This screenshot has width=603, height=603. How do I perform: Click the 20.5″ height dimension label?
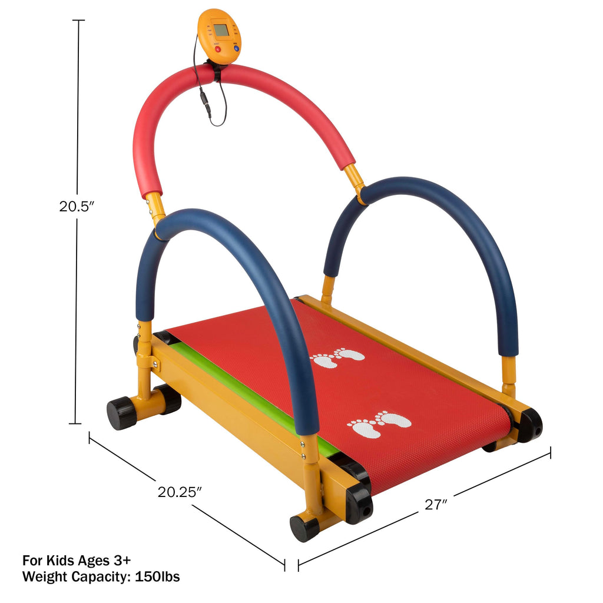(77, 207)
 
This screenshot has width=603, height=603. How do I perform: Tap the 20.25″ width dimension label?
(180, 492)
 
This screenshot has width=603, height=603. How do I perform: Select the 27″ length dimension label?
(436, 504)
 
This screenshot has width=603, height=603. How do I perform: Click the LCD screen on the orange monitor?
(221, 29)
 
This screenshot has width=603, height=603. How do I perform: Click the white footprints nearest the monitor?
(337, 357)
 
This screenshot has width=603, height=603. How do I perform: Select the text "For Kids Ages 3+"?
(77, 560)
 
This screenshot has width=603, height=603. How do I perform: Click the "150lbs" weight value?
(157, 577)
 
